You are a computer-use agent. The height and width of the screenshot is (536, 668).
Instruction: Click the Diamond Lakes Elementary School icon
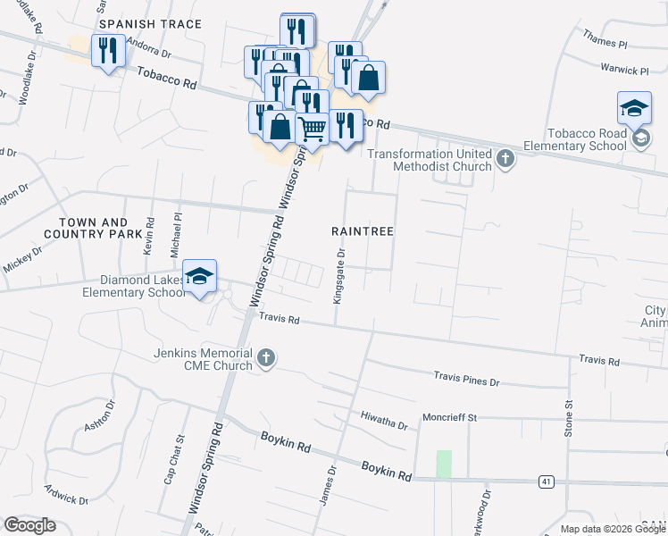pyautogui.click(x=200, y=276)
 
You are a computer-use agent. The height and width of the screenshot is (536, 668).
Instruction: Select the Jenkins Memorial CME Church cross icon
pyautogui.click(x=265, y=359)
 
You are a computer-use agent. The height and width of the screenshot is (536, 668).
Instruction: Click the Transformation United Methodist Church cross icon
pyautogui.click(x=505, y=160)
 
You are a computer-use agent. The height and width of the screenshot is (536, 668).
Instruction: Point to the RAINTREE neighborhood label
pyautogui.click(x=363, y=230)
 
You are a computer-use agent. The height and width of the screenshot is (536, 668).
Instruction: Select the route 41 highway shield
pyautogui.click(x=545, y=482)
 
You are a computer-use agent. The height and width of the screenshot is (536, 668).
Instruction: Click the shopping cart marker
pyautogui.click(x=312, y=129)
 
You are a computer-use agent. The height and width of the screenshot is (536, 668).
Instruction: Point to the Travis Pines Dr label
pyautogui.click(x=467, y=380)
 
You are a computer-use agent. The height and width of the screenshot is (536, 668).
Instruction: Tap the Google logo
pyautogui.click(x=29, y=525)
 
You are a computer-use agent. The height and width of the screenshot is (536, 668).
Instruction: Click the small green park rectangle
pyautogui.click(x=444, y=464)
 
